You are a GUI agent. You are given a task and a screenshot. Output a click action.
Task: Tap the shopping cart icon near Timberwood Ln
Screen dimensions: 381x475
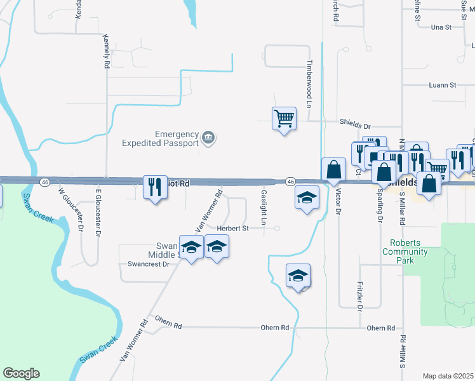point(284,118)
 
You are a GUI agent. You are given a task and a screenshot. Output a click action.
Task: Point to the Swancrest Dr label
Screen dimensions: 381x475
point(149,264)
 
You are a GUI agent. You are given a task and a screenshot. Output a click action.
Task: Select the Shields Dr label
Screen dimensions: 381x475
point(354,126)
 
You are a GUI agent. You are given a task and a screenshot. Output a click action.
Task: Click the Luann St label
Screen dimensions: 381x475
point(443,85)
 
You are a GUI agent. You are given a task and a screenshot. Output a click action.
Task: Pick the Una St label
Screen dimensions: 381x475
point(440,27)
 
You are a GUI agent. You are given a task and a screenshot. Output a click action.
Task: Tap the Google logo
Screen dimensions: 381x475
point(21,373)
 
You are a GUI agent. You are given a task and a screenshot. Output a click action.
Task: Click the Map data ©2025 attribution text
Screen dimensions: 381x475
point(448,376)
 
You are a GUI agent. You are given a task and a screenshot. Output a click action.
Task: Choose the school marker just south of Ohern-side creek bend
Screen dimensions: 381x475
point(298,276)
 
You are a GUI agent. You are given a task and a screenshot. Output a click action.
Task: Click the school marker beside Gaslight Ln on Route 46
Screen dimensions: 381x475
point(307,198)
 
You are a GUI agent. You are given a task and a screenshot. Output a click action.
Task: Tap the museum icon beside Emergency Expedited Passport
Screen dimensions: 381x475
point(208,137)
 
